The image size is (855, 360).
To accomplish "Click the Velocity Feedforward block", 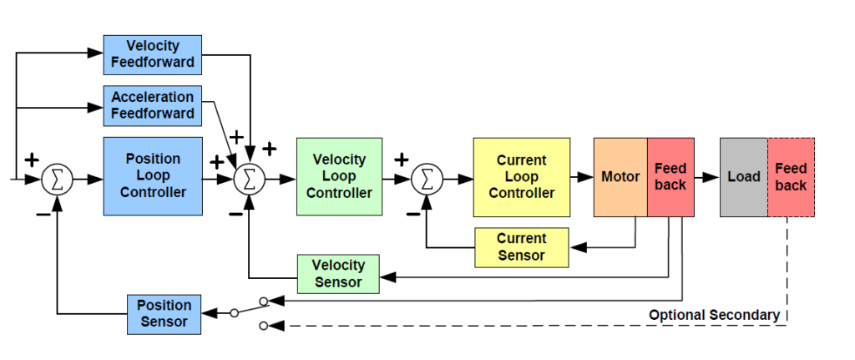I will tap(152, 54).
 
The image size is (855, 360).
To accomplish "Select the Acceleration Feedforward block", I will tap(152, 105).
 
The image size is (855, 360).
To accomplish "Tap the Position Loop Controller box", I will tap(152, 175).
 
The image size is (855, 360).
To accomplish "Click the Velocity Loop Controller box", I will tap(339, 175).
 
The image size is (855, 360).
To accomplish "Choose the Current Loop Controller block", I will tap(521, 176).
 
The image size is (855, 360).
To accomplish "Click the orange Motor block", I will tap(620, 176).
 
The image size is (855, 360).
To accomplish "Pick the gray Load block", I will tap(743, 176).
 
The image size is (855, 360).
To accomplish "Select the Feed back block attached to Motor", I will tap(670, 176).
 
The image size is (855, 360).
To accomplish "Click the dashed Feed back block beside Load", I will tap(791, 176).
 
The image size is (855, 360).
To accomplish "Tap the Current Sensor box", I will tap(521, 247).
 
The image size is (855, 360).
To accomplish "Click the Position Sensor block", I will tap(164, 314).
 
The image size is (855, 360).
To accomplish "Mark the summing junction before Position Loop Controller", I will tap(57, 179).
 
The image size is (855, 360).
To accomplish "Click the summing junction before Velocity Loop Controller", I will tap(249, 179).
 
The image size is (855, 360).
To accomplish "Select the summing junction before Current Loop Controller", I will tap(427, 178).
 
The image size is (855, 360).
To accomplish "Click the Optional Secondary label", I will tap(714, 315).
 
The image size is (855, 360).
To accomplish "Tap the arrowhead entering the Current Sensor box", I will tap(576, 247).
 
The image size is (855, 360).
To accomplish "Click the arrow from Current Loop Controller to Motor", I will tap(582, 177).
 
